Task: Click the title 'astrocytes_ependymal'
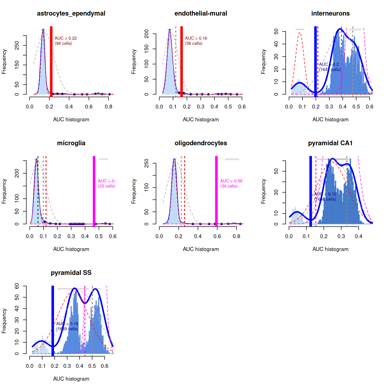pos(71,13)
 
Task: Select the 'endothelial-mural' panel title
pos(201,13)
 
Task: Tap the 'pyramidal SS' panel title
pos(71,273)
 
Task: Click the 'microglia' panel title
pos(71,143)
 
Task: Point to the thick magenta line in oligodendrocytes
pos(216,190)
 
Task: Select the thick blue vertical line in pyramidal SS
pos(53,319)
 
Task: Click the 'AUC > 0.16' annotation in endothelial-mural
pos(196,38)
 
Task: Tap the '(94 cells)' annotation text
pos(63,44)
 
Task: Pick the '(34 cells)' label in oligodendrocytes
pos(229,186)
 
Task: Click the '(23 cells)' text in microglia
pos(106,186)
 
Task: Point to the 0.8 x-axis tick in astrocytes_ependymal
pos(108,107)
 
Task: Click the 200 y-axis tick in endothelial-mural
pos(147,34)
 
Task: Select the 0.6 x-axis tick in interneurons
pos(369,107)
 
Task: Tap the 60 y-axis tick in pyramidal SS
pos(17,286)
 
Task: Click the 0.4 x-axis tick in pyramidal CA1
pos(358,236)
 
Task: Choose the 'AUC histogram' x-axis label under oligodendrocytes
pos(201,249)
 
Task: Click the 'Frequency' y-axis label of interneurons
pos(263,62)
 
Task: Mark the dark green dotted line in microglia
pos(38,190)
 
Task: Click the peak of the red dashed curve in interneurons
pos(300,32)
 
